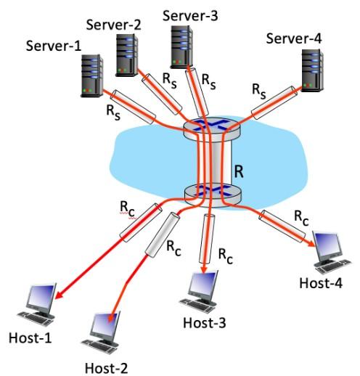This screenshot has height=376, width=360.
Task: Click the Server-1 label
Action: pos(54,46)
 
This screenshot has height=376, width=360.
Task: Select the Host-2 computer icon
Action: pos(101,331)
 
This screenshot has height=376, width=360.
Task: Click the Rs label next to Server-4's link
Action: pos(258,90)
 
